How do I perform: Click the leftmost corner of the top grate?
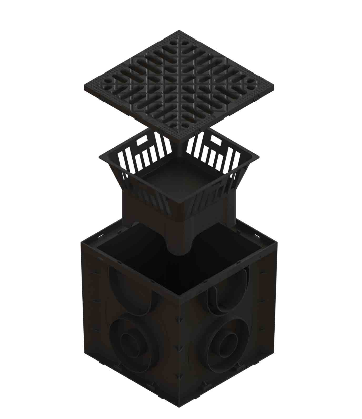(84, 87)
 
